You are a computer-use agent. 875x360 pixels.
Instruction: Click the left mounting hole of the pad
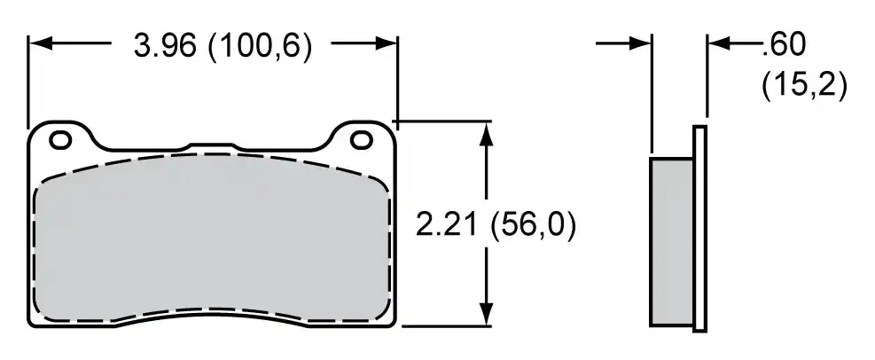[x=60, y=139]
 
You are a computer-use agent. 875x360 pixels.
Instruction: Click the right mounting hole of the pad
[x=362, y=139]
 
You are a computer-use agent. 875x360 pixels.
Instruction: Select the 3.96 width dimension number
[x=165, y=45]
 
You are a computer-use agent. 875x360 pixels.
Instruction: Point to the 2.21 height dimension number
[x=447, y=225]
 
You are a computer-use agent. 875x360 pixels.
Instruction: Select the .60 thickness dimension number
[x=784, y=45]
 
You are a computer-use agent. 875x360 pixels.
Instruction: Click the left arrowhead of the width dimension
[x=40, y=43]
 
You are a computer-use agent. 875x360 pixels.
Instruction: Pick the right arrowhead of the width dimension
[x=386, y=43]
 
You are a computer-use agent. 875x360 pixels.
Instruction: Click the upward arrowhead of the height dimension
[x=487, y=134]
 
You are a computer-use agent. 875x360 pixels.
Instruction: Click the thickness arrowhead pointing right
[x=640, y=43]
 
